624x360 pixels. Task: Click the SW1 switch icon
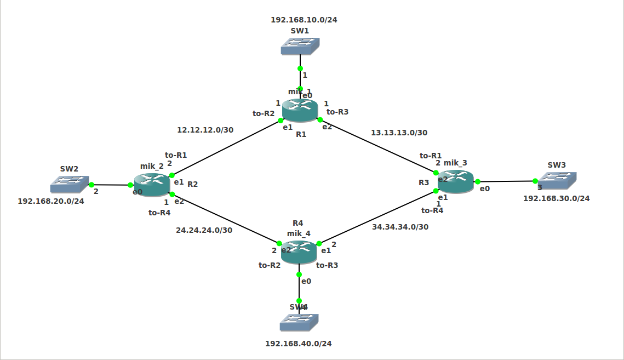pyautogui.click(x=300, y=46)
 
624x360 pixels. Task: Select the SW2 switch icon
pyautogui.click(x=69, y=184)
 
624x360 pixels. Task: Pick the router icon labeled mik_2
pyautogui.click(x=152, y=185)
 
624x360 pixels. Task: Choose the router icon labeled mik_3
pyautogui.click(x=455, y=181)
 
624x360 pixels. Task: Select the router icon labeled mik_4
pyautogui.click(x=299, y=252)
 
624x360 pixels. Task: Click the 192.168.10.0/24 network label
pyautogui.click(x=304, y=20)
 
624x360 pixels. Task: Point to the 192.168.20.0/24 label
pyautogui.click(x=51, y=201)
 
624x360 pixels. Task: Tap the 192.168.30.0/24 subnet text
pyautogui.click(x=556, y=198)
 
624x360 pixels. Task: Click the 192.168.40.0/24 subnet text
pyautogui.click(x=299, y=344)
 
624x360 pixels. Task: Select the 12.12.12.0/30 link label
pyautogui.click(x=205, y=130)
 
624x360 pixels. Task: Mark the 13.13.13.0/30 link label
pyautogui.click(x=399, y=133)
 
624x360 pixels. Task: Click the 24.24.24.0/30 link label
pyautogui.click(x=204, y=230)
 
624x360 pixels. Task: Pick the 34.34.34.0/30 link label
pyautogui.click(x=400, y=227)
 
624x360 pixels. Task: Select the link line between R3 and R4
pyautogui.click(x=378, y=217)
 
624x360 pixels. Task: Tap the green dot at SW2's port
pyautogui.click(x=91, y=185)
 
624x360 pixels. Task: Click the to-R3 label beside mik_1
pyautogui.click(x=337, y=112)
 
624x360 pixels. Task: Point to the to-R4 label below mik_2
pyautogui.click(x=159, y=213)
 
